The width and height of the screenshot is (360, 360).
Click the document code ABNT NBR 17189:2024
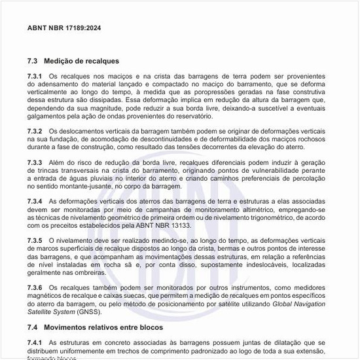click(x=64, y=28)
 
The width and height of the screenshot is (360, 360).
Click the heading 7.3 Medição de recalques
click(x=73, y=61)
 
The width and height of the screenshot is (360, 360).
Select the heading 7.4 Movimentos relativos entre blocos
click(x=95, y=326)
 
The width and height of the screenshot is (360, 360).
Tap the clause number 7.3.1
click(x=35, y=77)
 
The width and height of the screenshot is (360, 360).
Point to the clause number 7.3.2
click(x=35, y=132)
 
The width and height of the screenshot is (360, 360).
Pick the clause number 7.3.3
click(x=35, y=162)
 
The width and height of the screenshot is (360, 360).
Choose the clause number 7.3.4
click(x=35, y=200)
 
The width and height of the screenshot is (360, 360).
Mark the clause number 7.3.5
click(x=35, y=241)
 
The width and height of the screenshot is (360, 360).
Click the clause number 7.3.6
click(x=35, y=287)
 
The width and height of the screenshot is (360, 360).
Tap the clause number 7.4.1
click(x=35, y=342)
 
